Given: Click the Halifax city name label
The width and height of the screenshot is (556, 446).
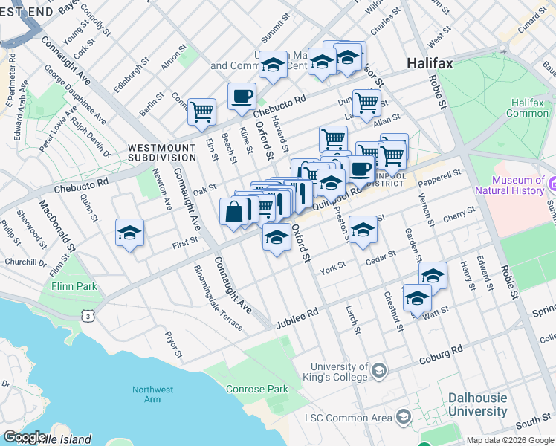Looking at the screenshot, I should [430, 64].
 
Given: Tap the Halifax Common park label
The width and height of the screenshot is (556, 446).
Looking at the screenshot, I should [527, 109].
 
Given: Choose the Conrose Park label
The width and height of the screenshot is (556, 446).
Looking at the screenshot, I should [267, 389].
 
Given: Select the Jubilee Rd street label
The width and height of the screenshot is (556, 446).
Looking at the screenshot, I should [297, 317].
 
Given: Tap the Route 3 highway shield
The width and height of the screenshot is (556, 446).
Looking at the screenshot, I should [88, 316].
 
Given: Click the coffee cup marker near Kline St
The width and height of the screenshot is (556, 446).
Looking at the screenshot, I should [242, 96].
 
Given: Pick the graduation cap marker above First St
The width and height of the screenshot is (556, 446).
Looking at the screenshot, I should [129, 233].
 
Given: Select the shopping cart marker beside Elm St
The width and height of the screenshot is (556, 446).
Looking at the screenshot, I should [201, 112].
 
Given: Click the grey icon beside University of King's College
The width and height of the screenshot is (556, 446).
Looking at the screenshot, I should [379, 369].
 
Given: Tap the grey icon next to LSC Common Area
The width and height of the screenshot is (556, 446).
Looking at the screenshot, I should [403, 416].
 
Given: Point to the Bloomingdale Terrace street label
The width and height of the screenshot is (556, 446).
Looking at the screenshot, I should [218, 297].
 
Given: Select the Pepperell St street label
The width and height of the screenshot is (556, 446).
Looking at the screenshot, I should [440, 176].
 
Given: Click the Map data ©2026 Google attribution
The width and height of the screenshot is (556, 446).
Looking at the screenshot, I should [509, 440].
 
